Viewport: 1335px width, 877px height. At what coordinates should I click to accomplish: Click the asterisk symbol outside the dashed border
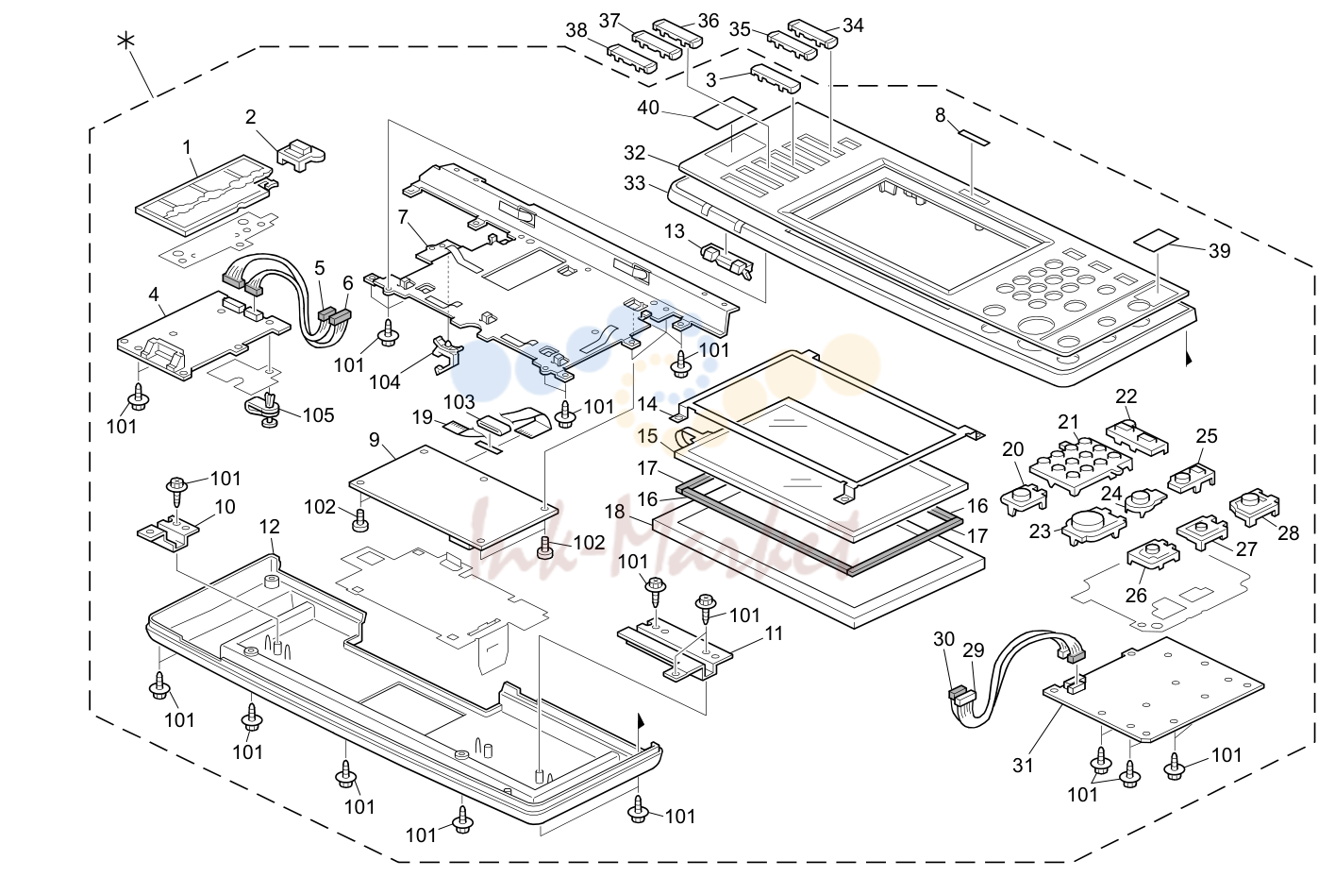click(x=125, y=41)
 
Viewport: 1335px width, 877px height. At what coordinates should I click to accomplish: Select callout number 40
click(x=648, y=108)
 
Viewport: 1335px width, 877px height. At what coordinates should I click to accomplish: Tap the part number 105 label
click(x=319, y=415)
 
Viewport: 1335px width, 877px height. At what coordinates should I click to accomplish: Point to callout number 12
click(x=270, y=527)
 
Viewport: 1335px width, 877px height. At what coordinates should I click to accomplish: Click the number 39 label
click(x=1219, y=250)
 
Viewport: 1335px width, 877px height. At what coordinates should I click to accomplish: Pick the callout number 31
click(x=1023, y=765)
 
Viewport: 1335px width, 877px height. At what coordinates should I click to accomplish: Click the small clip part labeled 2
click(x=301, y=156)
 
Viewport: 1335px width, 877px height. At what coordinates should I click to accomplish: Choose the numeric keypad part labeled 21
click(x=1081, y=466)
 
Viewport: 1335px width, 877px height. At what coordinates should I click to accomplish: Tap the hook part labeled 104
click(x=446, y=354)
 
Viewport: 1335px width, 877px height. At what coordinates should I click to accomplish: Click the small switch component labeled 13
click(x=728, y=261)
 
